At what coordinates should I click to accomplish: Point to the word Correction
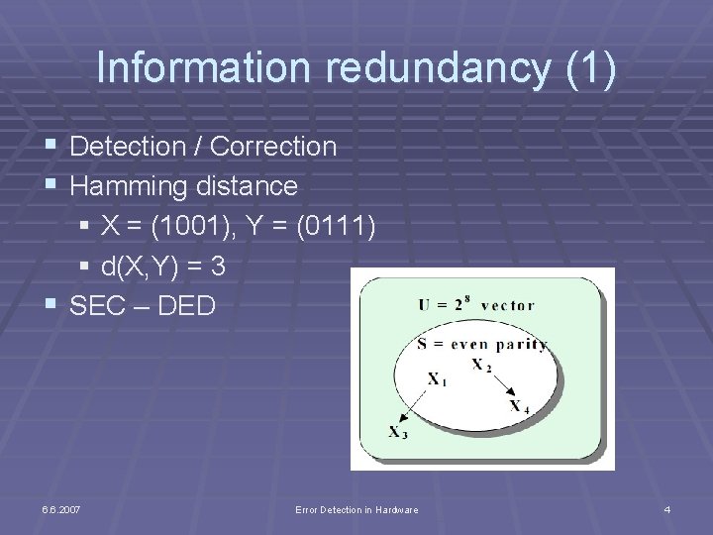(274, 147)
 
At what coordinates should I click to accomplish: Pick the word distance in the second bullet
(246, 186)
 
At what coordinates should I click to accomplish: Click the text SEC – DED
(143, 306)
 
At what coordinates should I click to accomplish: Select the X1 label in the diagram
(436, 378)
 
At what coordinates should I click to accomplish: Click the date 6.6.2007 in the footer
(61, 509)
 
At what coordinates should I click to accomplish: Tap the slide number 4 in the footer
(667, 509)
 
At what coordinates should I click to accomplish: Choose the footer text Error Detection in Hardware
(356, 509)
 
